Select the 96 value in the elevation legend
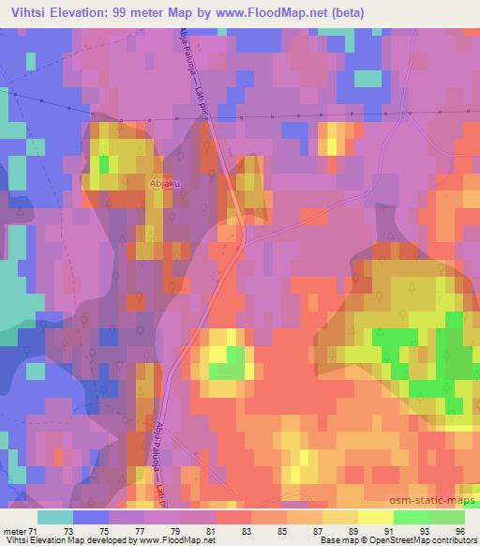459,531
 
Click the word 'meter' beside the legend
16,531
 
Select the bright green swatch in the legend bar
412,517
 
